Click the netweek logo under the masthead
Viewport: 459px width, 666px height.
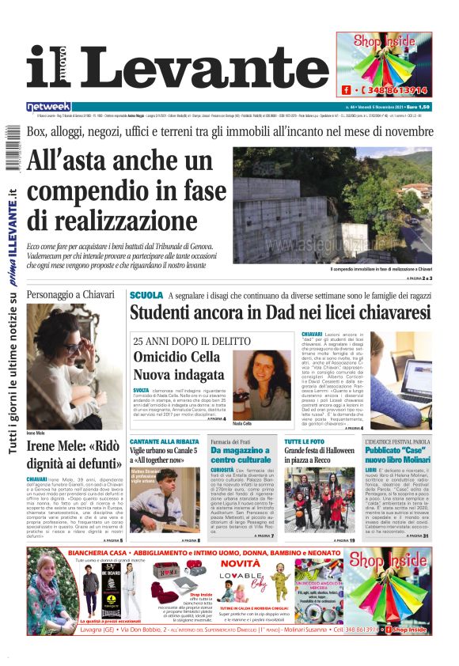[48, 107]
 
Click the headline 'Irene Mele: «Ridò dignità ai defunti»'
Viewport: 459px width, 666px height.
[74, 454]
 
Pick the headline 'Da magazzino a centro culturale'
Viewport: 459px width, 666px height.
[241, 455]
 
